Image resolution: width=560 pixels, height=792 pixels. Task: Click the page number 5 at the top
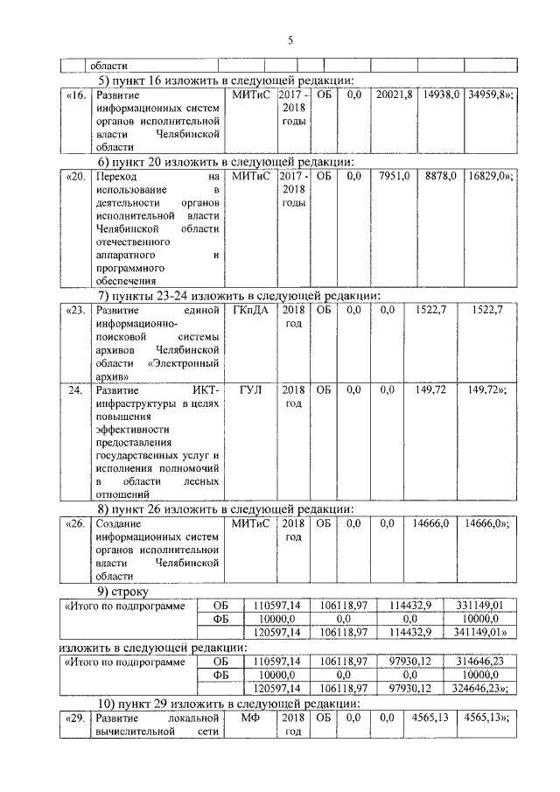point(290,39)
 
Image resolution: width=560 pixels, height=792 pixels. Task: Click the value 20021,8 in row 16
point(393,93)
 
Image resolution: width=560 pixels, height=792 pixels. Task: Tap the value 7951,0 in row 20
point(394,176)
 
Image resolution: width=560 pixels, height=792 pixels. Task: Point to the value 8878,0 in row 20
point(441,176)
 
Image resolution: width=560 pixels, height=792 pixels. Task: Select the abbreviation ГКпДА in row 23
point(252,310)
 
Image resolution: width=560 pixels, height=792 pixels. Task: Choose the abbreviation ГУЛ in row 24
point(251,388)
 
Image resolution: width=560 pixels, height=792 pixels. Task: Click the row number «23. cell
point(76,310)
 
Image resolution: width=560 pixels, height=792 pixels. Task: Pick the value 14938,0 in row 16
point(441,93)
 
